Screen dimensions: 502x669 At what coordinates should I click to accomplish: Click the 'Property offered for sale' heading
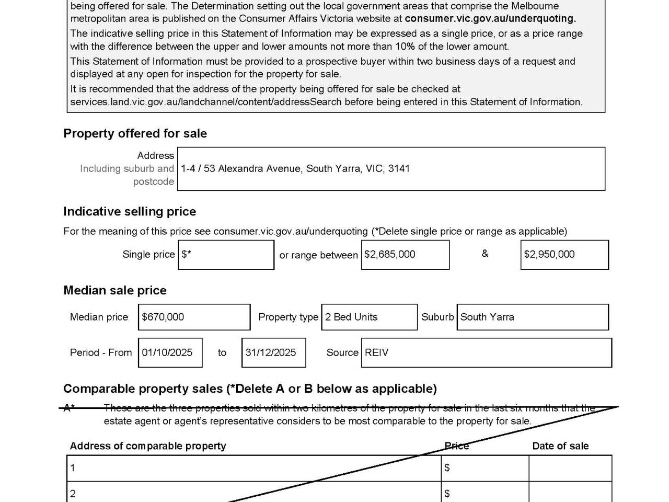135,133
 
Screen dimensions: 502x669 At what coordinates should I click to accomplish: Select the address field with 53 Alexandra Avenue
391,169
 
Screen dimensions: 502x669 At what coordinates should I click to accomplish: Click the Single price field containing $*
226,255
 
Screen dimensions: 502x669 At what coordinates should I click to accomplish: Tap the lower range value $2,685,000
405,255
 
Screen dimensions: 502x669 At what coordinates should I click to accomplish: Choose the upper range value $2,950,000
564,255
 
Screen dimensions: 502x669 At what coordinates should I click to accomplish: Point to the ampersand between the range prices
485,254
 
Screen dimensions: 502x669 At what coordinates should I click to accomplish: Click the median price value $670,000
194,317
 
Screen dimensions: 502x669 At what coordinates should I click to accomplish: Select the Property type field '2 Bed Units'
369,317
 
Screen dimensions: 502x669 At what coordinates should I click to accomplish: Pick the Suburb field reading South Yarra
533,317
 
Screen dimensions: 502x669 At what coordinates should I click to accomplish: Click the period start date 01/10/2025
170,352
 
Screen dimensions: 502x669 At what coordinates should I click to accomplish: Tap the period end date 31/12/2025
273,352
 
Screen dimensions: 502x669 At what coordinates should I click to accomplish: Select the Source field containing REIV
486,352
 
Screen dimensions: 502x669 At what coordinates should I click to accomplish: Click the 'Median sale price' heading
115,290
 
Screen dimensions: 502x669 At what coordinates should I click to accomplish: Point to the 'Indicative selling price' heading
130,211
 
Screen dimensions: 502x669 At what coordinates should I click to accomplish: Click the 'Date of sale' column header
560,446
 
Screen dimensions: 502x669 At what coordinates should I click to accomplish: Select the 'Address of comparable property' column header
148,446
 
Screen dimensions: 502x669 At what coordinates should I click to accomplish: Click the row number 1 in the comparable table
73,468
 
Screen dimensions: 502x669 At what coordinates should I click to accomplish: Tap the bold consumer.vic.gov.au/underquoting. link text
490,19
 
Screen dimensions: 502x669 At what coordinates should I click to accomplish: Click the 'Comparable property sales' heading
250,389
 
